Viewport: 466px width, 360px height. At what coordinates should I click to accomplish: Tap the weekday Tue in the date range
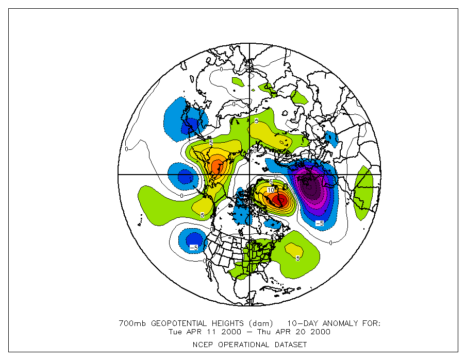click(x=176, y=332)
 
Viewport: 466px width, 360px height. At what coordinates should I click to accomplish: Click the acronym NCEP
click(x=203, y=345)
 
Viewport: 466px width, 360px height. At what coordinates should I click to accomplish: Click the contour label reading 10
click(x=271, y=190)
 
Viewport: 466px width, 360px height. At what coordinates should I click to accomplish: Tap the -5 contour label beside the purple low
click(x=319, y=223)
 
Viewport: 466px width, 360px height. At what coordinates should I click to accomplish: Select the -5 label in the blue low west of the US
click(x=194, y=248)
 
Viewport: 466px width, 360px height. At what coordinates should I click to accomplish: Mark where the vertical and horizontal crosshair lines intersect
click(x=250, y=175)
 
